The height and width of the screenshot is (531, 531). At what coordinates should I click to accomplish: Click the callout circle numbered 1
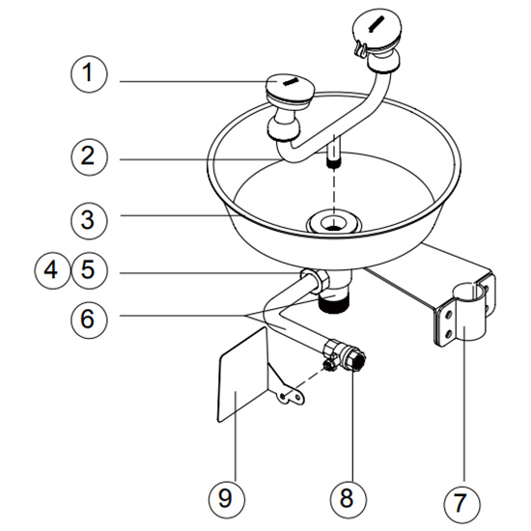[89, 74]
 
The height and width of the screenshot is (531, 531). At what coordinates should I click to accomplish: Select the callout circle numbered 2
[89, 157]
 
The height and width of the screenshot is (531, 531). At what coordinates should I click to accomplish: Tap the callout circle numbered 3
[89, 221]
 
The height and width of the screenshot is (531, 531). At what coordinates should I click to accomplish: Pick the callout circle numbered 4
[52, 271]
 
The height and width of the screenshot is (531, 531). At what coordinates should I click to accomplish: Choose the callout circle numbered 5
[89, 271]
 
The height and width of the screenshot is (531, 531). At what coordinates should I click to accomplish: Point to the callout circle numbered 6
[89, 320]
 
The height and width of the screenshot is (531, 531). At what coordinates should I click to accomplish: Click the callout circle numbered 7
[461, 504]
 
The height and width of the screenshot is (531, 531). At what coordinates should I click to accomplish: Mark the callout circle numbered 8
[349, 499]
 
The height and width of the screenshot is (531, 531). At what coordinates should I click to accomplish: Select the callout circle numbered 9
[226, 499]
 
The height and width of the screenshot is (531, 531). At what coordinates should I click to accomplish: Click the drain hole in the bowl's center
[334, 223]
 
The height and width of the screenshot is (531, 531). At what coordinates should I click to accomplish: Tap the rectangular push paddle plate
[242, 375]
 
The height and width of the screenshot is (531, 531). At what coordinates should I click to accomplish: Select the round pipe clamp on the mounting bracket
[469, 312]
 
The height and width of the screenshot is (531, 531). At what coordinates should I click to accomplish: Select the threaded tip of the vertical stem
[334, 163]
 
